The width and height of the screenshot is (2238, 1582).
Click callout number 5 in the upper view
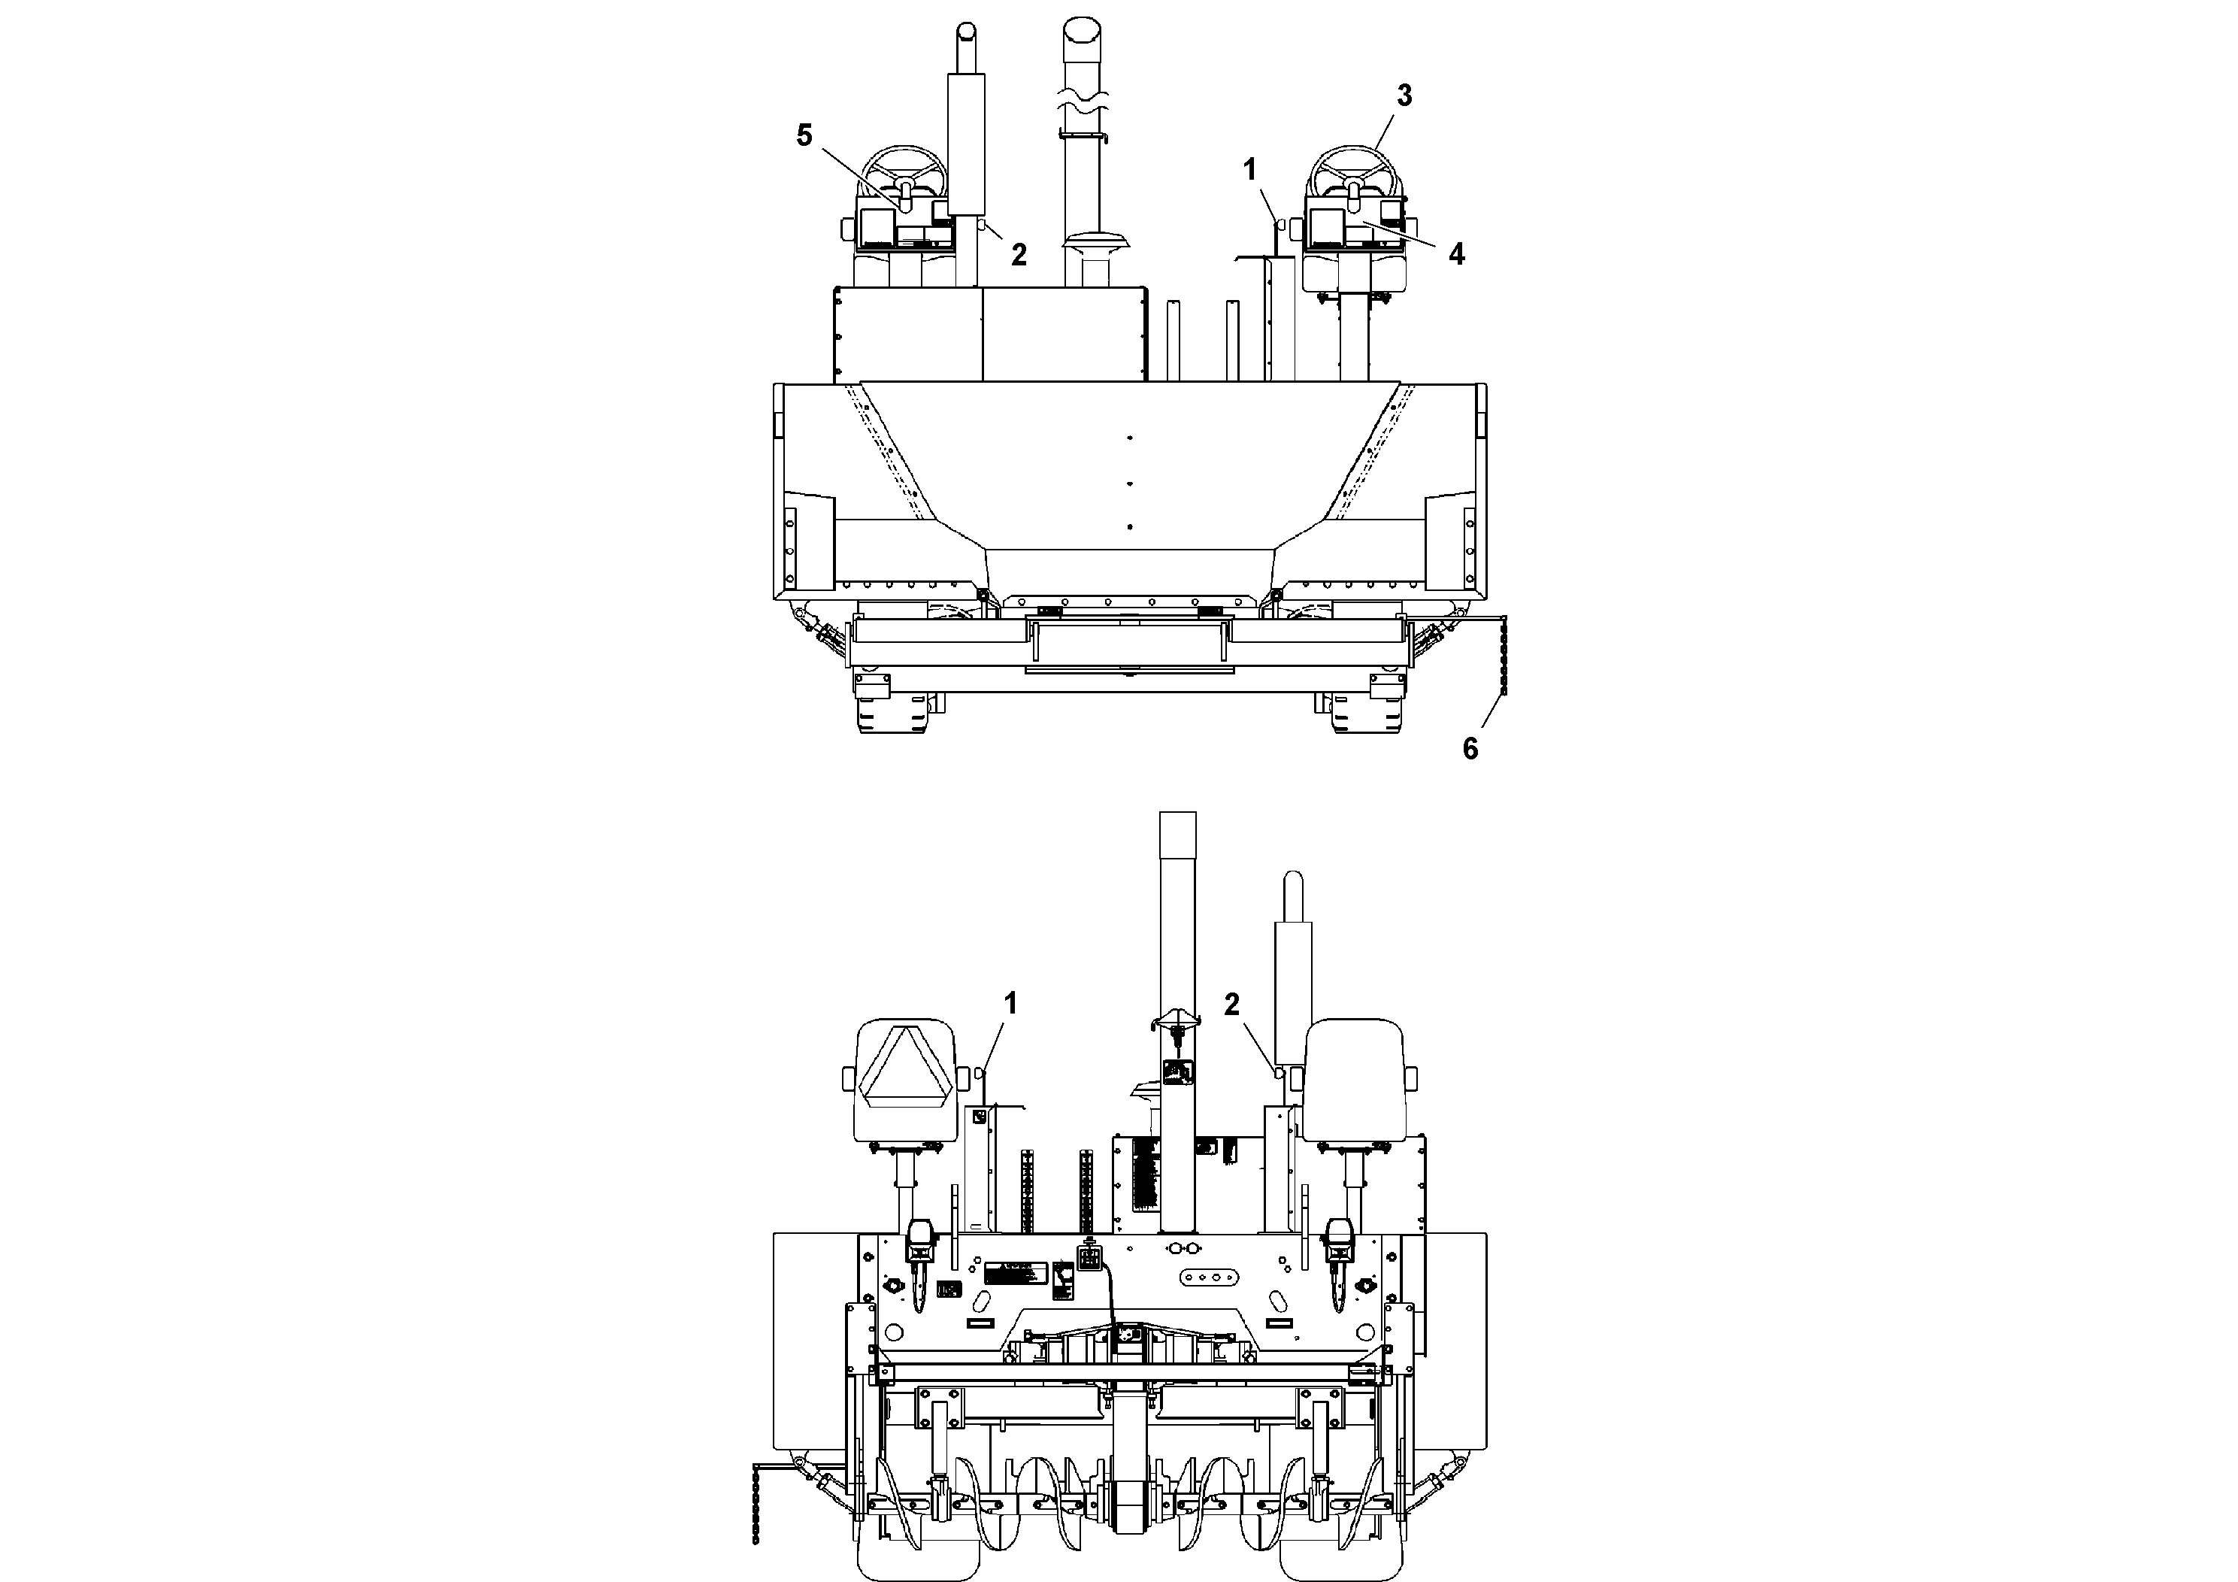[x=803, y=135]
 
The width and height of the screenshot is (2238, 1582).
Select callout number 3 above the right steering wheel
[x=1404, y=95]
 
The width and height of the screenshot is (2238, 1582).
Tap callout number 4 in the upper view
[x=1456, y=254]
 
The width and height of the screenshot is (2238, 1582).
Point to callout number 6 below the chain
[x=1470, y=749]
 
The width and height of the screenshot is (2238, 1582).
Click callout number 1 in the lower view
[x=1011, y=1003]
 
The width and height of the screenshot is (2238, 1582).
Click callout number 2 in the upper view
[x=1019, y=254]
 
